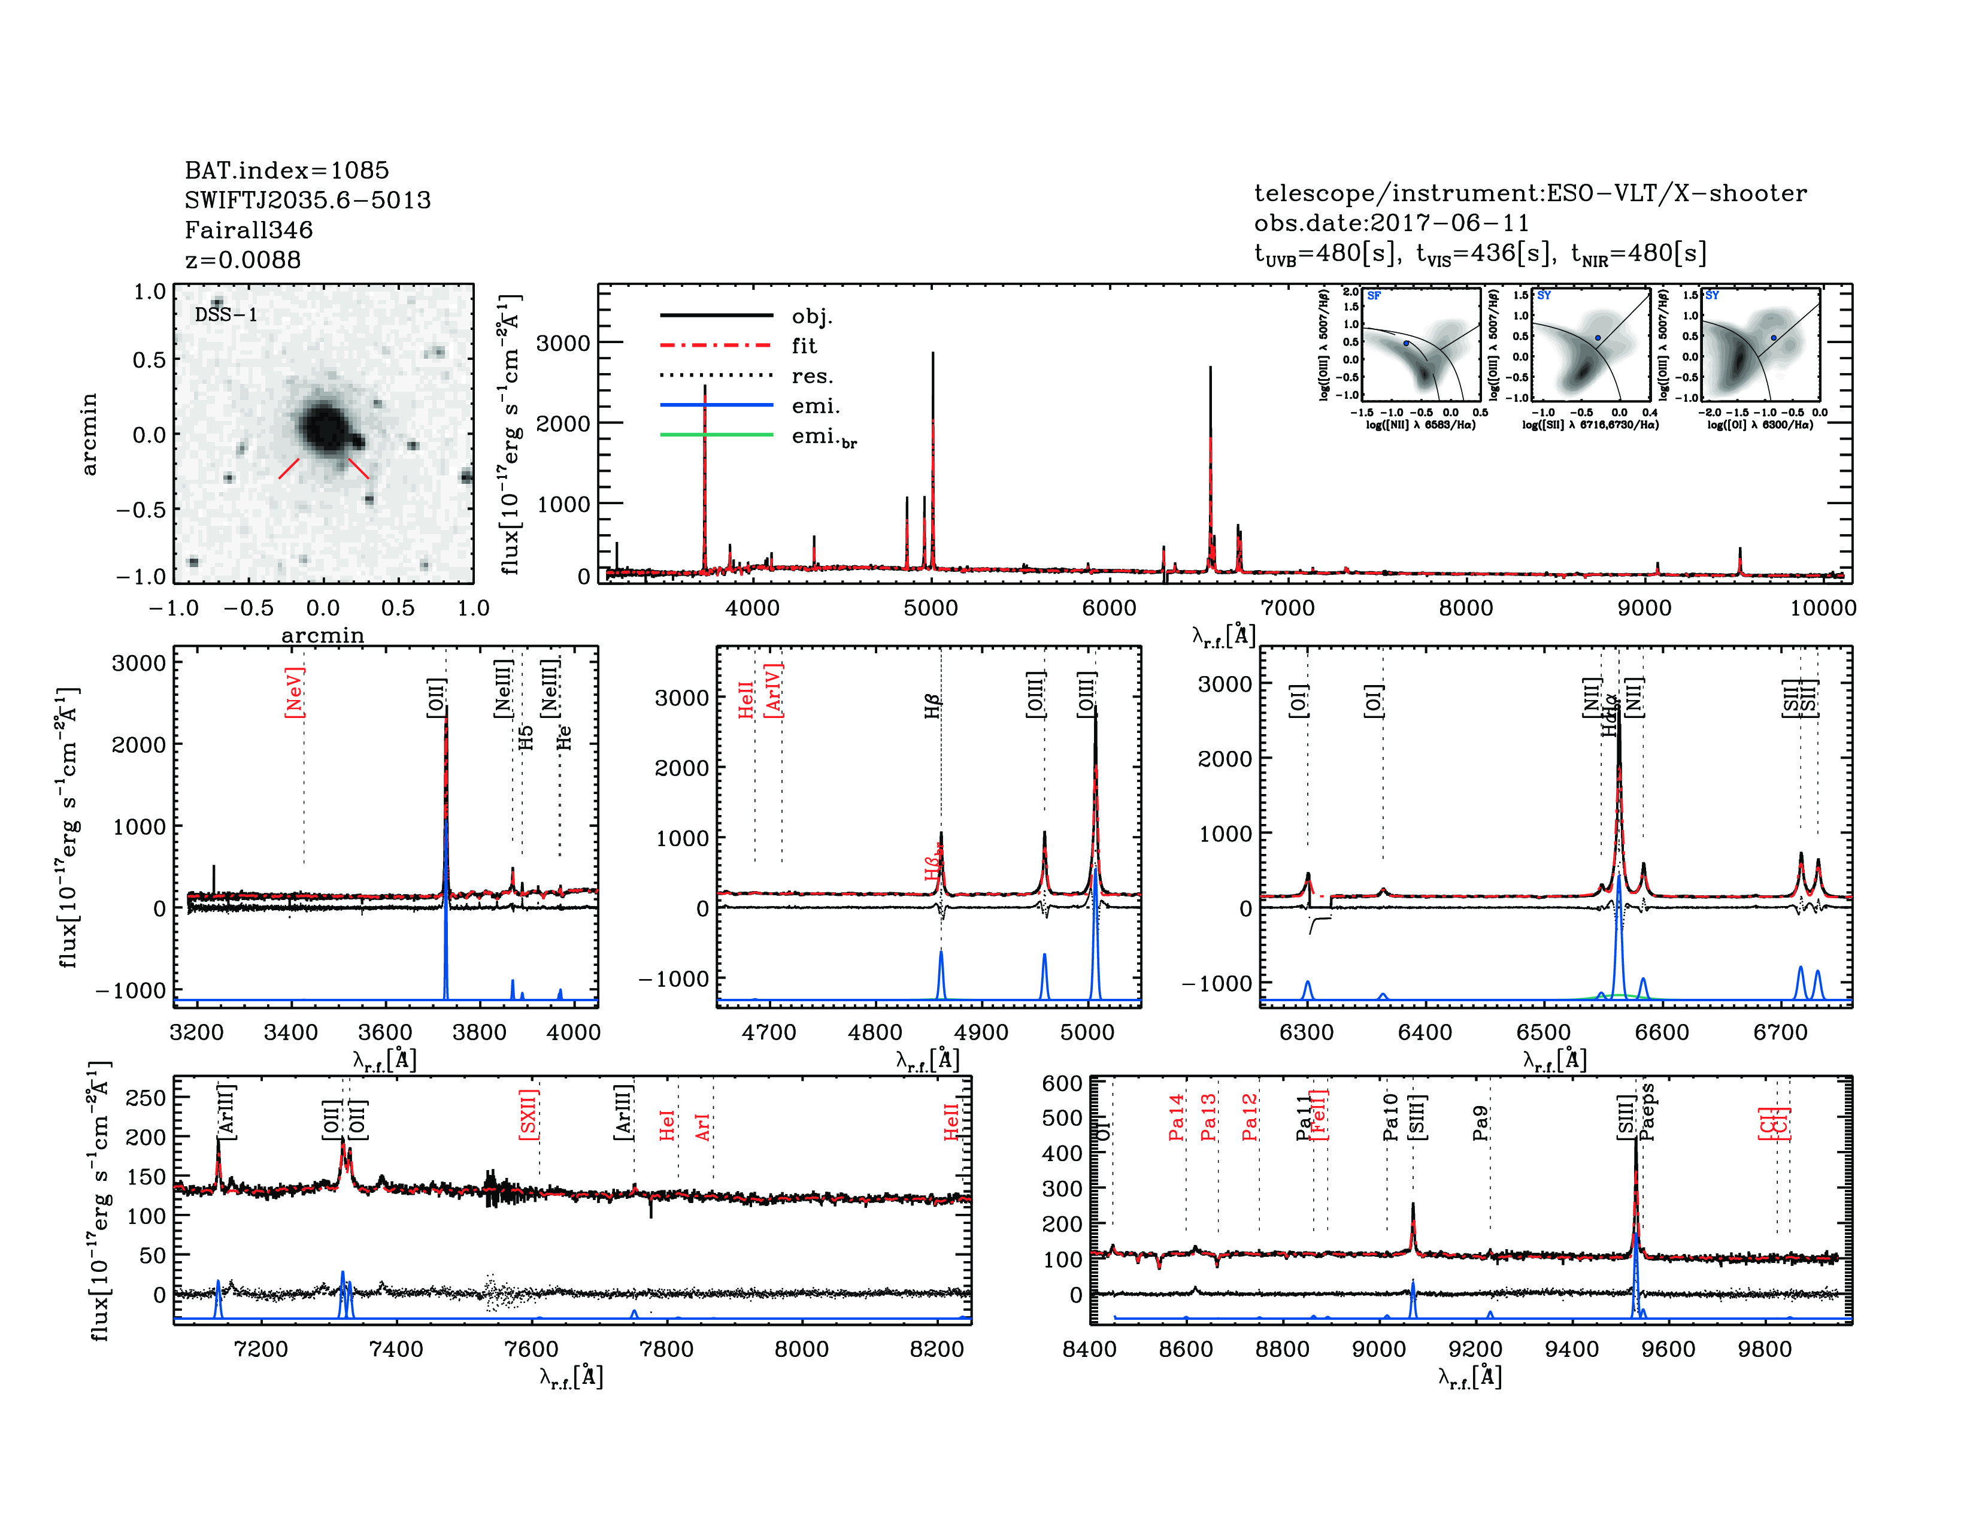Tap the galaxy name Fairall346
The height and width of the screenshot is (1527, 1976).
tap(249, 230)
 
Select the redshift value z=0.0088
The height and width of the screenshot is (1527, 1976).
tap(243, 260)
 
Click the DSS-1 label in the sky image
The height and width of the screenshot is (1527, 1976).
tap(226, 315)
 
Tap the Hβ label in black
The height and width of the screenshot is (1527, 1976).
tap(933, 705)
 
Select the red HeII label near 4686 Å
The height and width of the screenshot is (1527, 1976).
tap(745, 700)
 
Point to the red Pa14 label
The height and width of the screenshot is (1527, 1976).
tap(1176, 1117)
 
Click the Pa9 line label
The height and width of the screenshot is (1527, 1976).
tap(1480, 1123)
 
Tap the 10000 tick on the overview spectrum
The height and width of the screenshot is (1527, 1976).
tap(1822, 608)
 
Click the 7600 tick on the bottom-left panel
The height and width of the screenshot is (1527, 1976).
tap(531, 1349)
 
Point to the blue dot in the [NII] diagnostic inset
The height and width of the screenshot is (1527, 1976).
tap(1406, 344)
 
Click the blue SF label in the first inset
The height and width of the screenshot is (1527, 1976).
tap(1374, 296)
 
